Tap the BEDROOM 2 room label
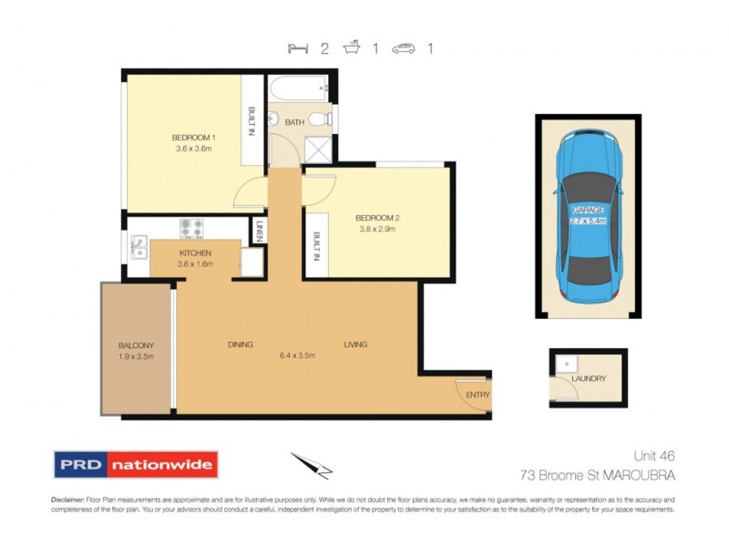[377, 218]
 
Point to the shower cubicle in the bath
[318, 148]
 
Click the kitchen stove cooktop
[192, 226]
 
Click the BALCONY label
[136, 346]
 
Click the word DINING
[240, 345]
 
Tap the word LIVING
[355, 345]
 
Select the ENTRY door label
[477, 395]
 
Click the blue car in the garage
[588, 215]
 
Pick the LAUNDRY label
[588, 379]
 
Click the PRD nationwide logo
[136, 464]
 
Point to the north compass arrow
[310, 464]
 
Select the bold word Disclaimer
[67, 500]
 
